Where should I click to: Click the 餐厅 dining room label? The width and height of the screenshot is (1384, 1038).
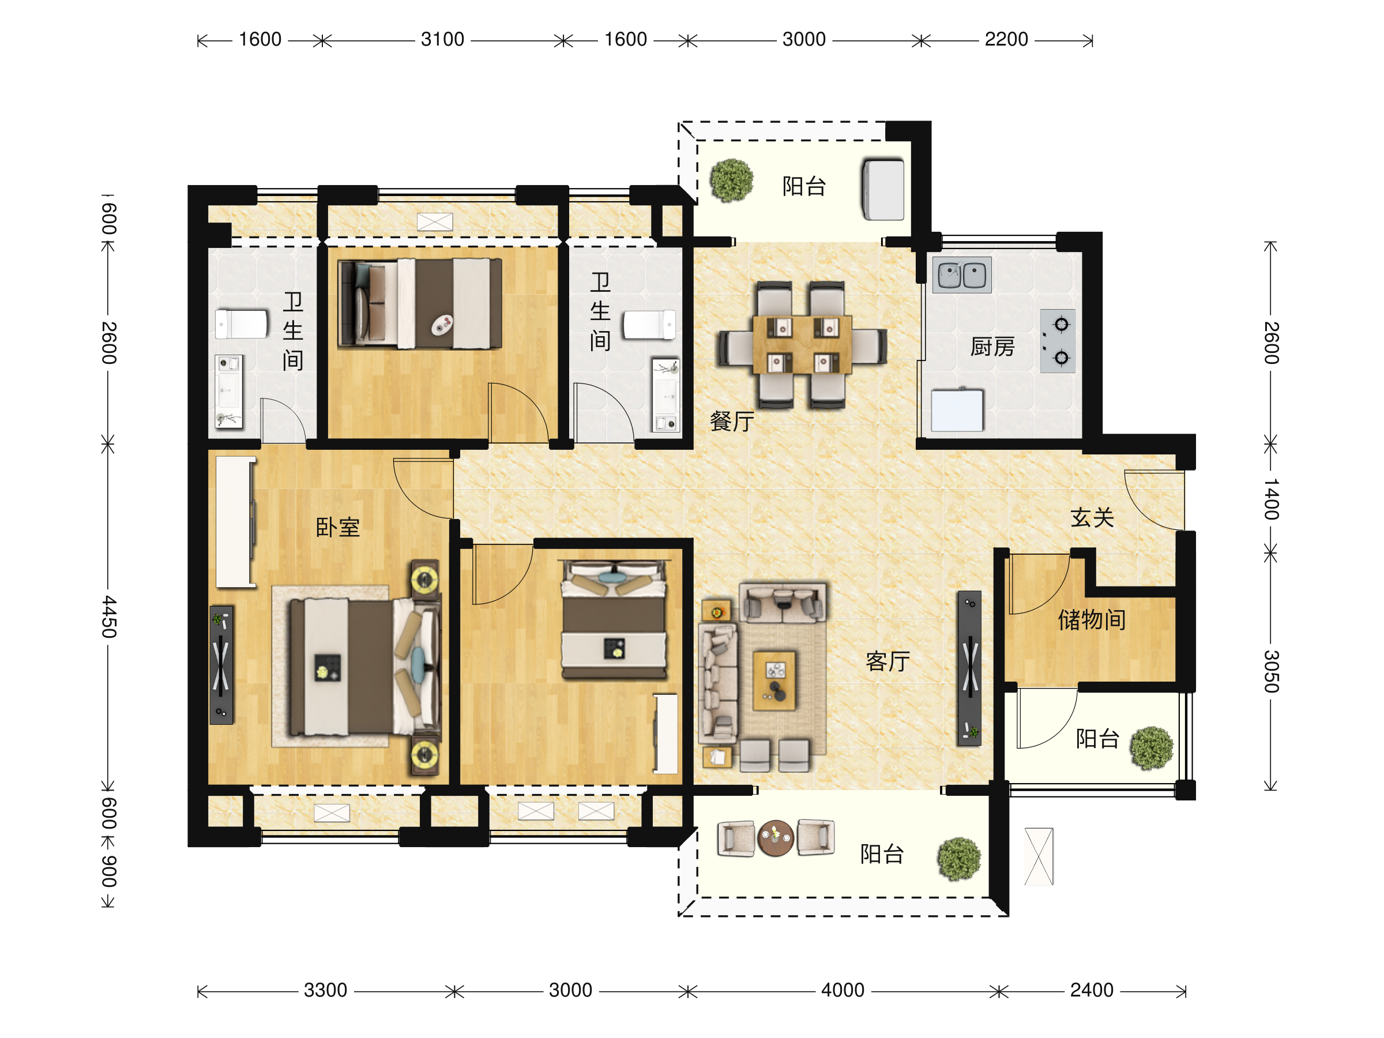[731, 421]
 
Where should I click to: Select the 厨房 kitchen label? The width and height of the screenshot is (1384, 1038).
[992, 346]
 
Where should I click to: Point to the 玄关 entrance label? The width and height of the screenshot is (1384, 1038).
[1092, 517]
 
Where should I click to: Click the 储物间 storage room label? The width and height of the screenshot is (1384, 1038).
[1092, 619]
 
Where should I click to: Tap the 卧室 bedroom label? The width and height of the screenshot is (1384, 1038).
[337, 527]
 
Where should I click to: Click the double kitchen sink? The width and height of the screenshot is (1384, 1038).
[962, 274]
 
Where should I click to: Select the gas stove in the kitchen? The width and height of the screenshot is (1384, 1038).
[1058, 341]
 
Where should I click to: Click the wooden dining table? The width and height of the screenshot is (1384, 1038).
[802, 344]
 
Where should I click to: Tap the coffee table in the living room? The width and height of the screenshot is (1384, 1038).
[774, 680]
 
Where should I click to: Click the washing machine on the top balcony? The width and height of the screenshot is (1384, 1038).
[883, 189]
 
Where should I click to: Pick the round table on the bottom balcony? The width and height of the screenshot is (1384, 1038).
[775, 838]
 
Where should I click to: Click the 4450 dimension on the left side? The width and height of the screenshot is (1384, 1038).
[109, 616]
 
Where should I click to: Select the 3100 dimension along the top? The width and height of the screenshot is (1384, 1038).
[442, 39]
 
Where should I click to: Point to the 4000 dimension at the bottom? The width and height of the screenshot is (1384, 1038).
[842, 990]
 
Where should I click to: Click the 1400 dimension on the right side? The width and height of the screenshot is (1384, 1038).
[1271, 499]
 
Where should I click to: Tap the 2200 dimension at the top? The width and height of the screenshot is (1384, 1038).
[1006, 39]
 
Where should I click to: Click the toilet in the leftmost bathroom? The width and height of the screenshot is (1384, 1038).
[242, 324]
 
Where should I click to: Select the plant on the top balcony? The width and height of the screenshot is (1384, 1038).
[731, 180]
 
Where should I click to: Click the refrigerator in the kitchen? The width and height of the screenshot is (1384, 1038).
[957, 410]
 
